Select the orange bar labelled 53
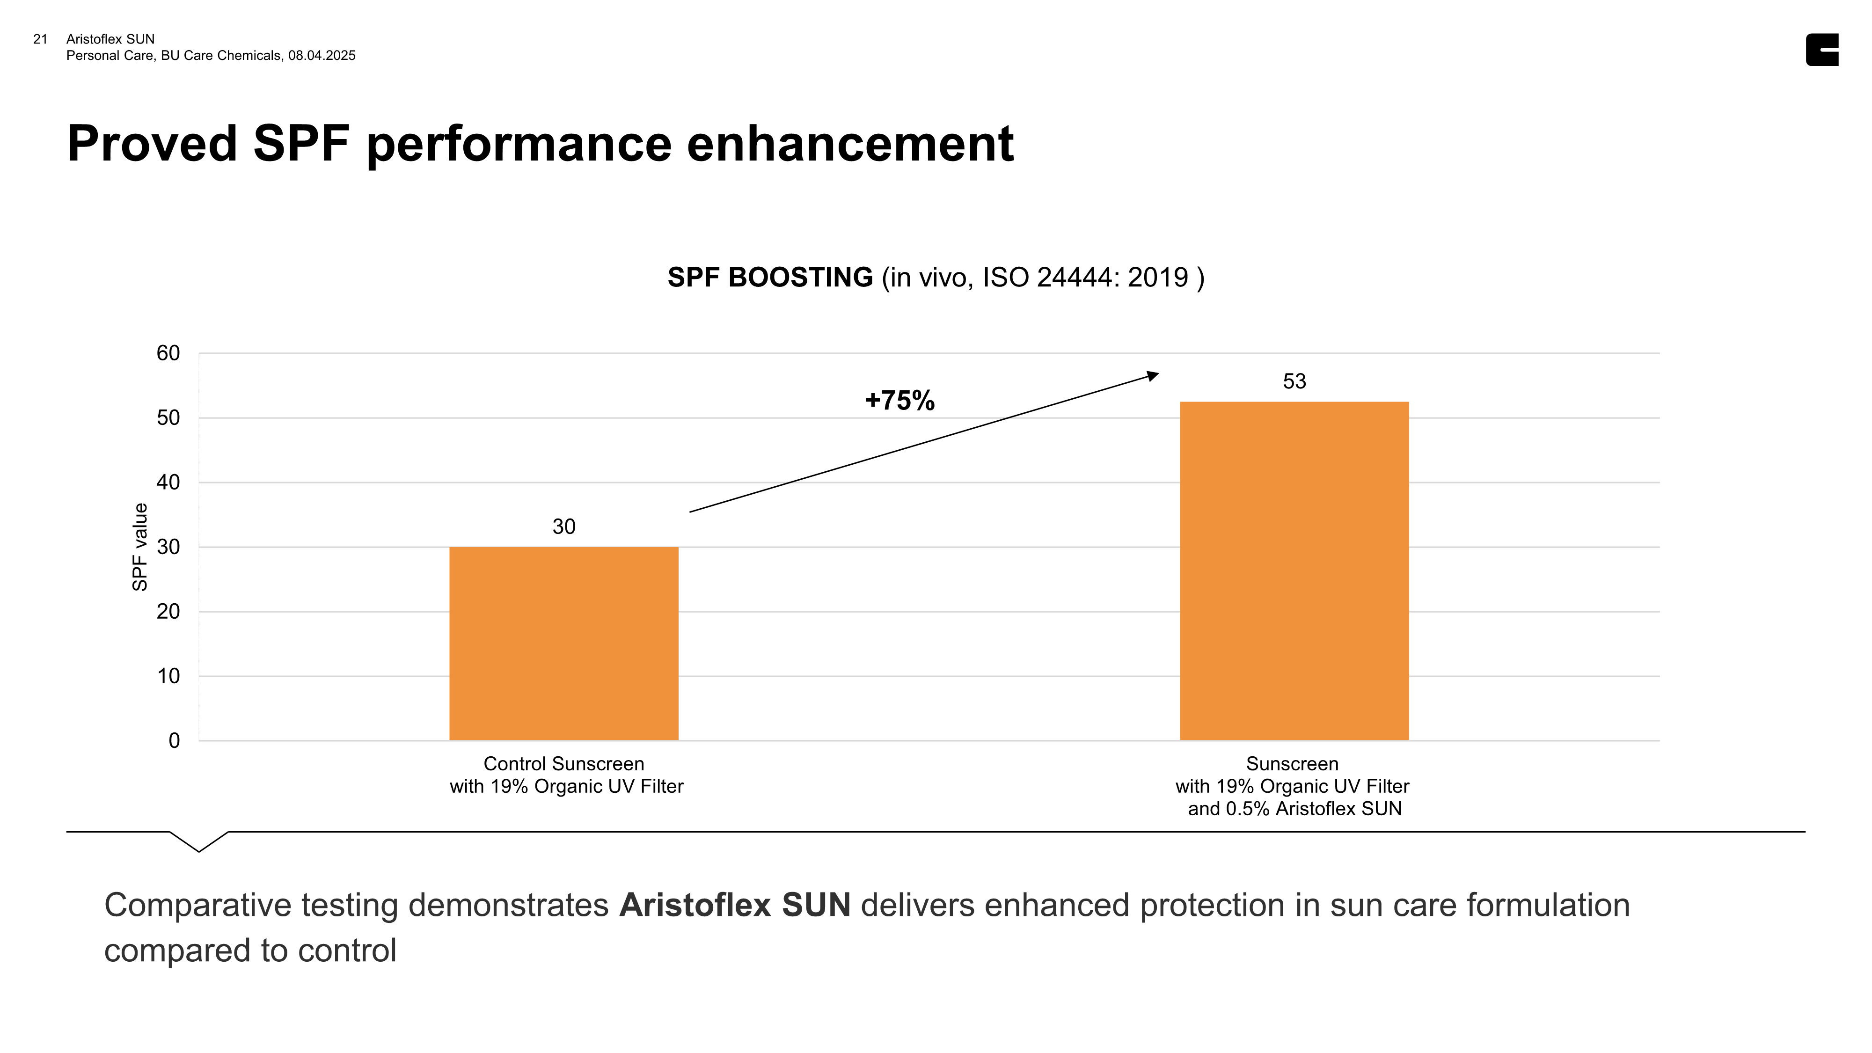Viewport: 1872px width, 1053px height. (x=1294, y=570)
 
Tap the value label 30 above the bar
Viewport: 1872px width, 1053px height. (x=564, y=526)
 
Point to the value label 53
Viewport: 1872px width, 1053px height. (x=1294, y=381)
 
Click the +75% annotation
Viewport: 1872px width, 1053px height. (x=899, y=401)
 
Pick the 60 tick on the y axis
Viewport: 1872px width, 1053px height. (x=168, y=353)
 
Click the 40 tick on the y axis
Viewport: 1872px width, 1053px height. (x=168, y=482)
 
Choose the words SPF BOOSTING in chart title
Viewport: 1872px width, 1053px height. (x=769, y=278)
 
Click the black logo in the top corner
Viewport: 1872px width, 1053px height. (x=1822, y=50)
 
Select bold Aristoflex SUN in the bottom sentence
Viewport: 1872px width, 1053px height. (x=735, y=906)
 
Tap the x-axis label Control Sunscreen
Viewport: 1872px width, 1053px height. (x=564, y=764)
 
